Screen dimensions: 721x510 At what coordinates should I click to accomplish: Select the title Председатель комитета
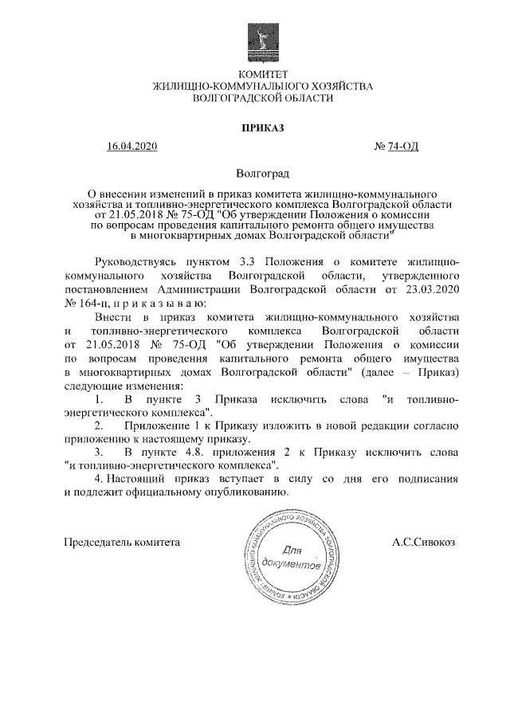pos(122,542)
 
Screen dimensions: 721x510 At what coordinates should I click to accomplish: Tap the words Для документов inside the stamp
pos(291,558)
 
